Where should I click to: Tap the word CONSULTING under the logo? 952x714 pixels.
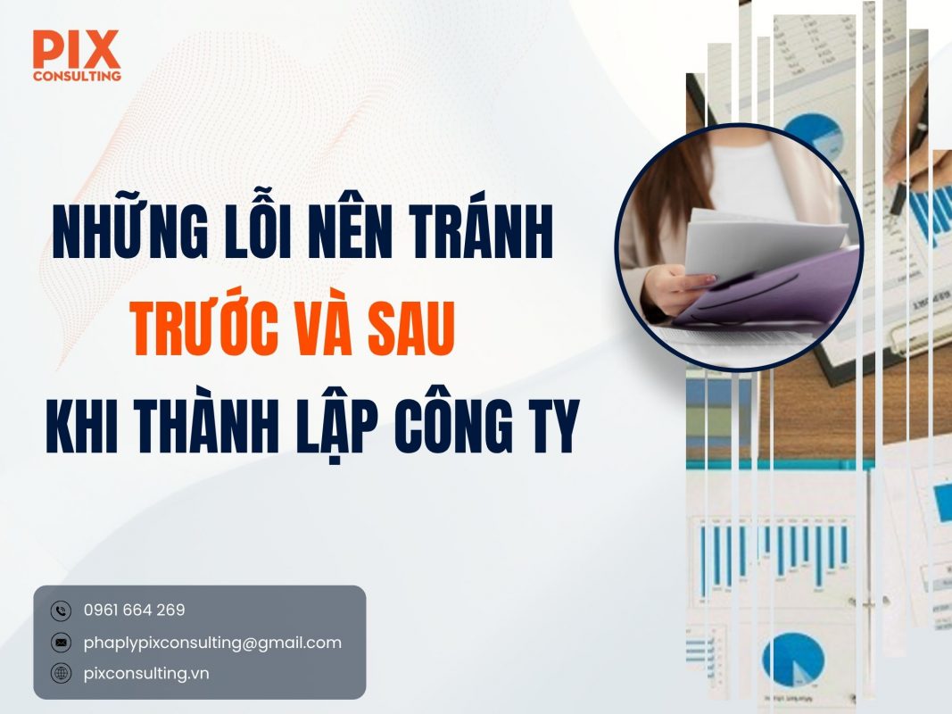point(77,76)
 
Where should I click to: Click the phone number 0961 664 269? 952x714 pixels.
point(134,610)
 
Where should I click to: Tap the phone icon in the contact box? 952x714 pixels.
point(61,611)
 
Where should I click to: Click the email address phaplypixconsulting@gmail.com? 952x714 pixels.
point(212,643)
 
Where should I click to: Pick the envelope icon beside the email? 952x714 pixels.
point(61,643)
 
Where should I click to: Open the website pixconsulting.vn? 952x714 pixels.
point(146,674)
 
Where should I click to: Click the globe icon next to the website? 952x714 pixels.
point(61,674)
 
